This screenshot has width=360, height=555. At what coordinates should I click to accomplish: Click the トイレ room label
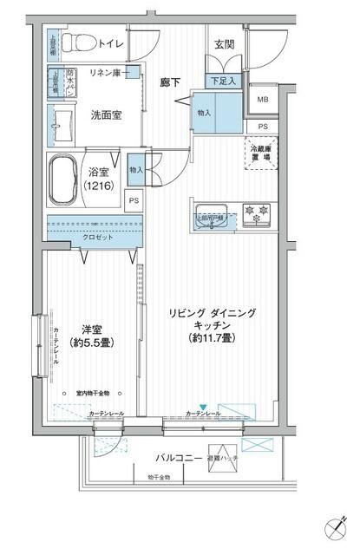[x=111, y=42]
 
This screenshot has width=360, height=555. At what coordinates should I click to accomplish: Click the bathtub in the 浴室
[x=62, y=180]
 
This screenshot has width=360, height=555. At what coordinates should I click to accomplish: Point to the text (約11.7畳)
[x=212, y=337]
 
